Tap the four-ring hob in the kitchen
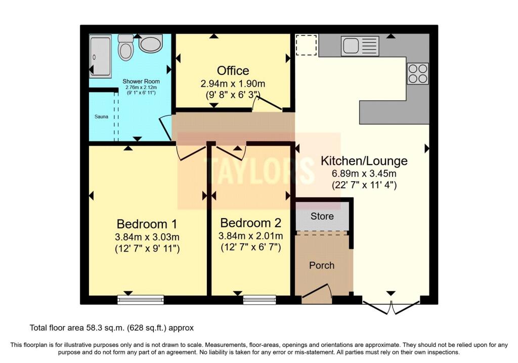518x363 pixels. pyautogui.click(x=418, y=73)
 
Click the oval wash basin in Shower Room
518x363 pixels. pyautogui.click(x=150, y=45)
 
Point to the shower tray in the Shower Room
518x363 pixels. pyautogui.click(x=100, y=56)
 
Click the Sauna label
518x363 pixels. pyautogui.click(x=101, y=116)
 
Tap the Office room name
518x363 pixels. pyautogui.click(x=233, y=70)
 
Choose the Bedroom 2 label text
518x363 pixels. pyautogui.click(x=251, y=223)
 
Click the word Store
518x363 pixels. pyautogui.click(x=322, y=216)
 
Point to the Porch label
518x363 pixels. pyautogui.click(x=322, y=265)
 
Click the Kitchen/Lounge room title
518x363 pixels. pyautogui.click(x=364, y=161)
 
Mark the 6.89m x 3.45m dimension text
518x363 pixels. pyautogui.click(x=364, y=174)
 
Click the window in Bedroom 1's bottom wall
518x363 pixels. pyautogui.click(x=141, y=300)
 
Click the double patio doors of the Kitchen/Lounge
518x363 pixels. pyautogui.click(x=391, y=307)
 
